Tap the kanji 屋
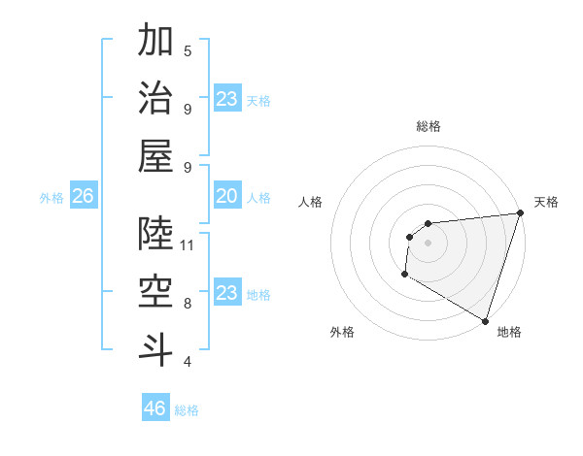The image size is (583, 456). point(155,155)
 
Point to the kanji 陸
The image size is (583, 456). point(155,234)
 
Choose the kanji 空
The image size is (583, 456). point(155,291)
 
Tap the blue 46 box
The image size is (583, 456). point(155,408)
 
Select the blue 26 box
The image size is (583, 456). point(83,197)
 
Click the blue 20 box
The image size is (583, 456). point(226,197)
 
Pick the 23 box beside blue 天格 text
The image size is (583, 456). point(226,99)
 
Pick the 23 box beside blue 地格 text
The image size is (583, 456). point(226,293)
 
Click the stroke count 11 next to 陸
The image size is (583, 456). point(188,244)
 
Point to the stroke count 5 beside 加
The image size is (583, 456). point(188,50)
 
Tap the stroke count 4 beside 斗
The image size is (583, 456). point(188,362)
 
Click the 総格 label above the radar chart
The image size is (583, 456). point(428,126)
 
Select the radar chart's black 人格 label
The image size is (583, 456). point(311,202)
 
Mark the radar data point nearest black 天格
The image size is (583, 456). point(520,213)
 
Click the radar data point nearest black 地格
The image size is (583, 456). point(485,321)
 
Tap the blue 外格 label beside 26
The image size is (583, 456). point(51,198)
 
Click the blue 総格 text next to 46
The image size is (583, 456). point(187,410)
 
